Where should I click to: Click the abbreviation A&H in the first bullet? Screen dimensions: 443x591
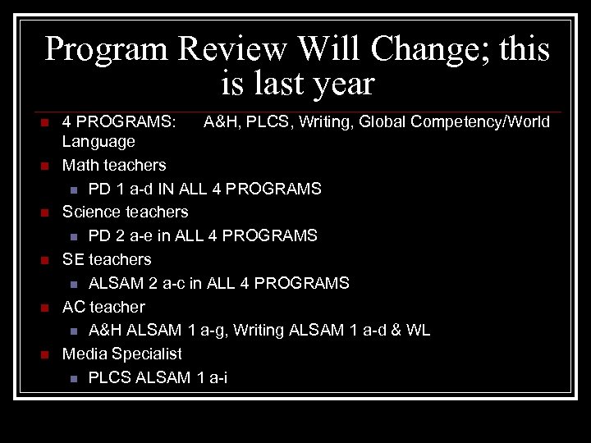tap(219, 122)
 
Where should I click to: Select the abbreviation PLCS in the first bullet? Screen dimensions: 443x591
tap(268, 122)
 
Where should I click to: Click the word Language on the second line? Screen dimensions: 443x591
tap(98, 142)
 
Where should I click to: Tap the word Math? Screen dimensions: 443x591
tap(80, 165)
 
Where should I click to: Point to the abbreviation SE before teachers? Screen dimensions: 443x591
tap(73, 259)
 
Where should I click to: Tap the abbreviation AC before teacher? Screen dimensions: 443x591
tap(74, 307)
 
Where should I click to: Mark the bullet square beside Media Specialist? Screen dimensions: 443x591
tap(46, 355)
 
